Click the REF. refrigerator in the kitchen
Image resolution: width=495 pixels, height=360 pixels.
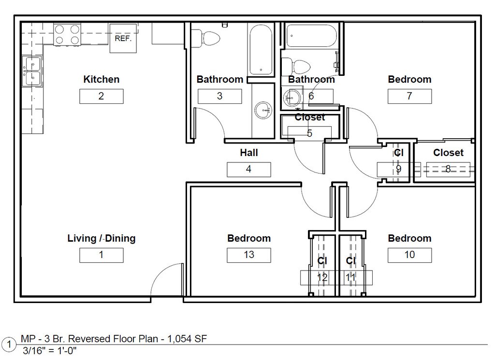[x=123, y=38]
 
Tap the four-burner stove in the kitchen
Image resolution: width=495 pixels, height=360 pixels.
[x=67, y=35]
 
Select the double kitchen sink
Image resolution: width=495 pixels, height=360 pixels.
[x=31, y=71]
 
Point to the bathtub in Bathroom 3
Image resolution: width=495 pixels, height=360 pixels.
[x=261, y=49]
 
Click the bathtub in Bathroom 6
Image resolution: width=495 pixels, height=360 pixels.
[x=311, y=36]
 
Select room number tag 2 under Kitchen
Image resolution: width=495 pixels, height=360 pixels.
[x=102, y=96]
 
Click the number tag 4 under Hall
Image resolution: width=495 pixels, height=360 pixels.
[x=249, y=170]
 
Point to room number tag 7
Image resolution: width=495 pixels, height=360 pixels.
[x=409, y=96]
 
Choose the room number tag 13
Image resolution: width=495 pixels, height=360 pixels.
[x=249, y=255]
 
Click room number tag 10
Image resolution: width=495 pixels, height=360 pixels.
[x=409, y=255]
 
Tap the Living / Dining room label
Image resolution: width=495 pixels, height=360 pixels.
[x=102, y=238]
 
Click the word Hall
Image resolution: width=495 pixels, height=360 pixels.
[x=249, y=153]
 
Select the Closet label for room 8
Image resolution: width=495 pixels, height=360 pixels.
[x=448, y=153]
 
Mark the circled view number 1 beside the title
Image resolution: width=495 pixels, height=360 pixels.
[x=9, y=345]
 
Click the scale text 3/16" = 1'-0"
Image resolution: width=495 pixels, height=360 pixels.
[x=50, y=350]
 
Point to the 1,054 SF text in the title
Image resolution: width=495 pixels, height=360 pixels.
[x=187, y=339]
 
